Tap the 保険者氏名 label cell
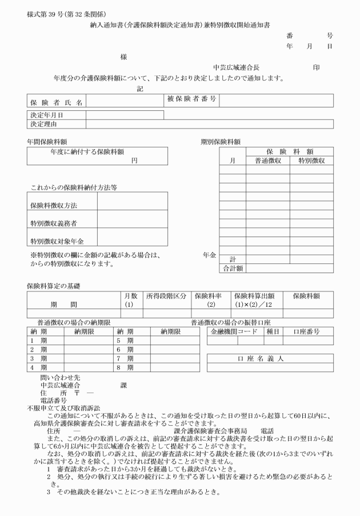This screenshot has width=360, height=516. point(57,102)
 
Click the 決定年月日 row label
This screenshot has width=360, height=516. point(47,115)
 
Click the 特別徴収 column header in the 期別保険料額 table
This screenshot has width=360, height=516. point(307,161)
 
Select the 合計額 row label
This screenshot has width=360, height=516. point(233,267)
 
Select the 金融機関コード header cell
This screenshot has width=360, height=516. point(234,331)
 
